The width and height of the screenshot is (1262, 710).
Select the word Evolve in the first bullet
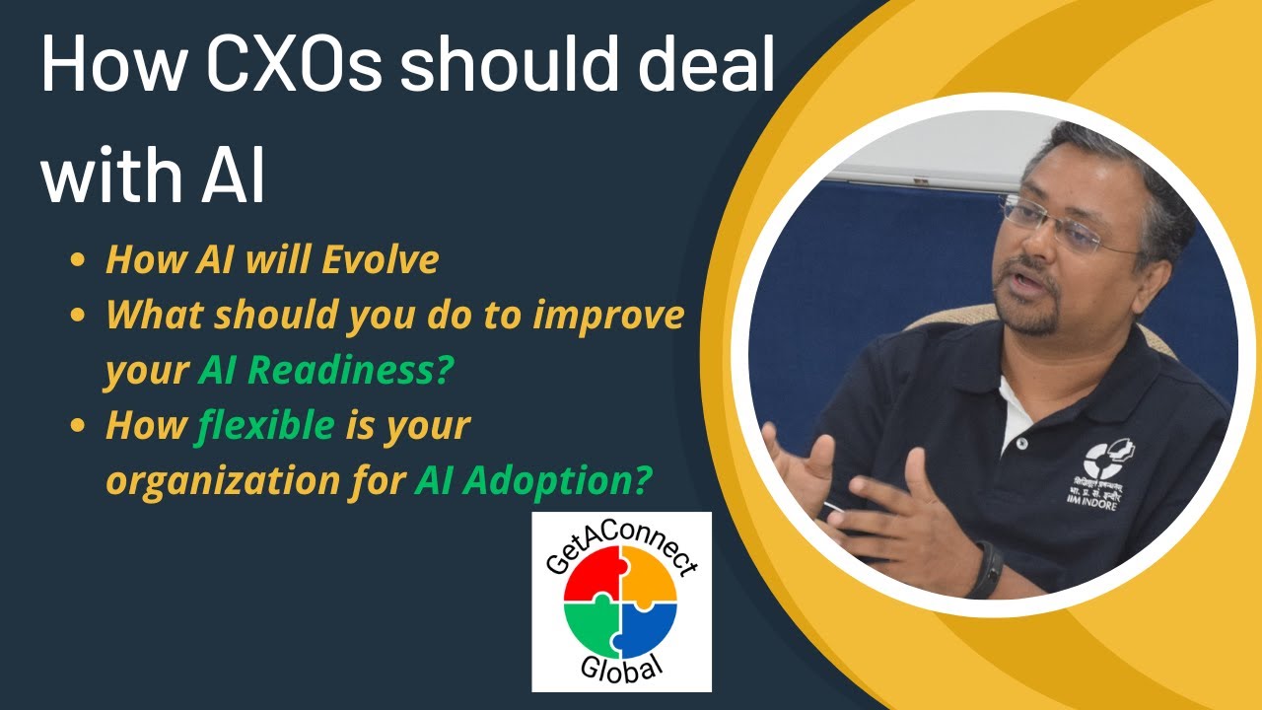(381, 259)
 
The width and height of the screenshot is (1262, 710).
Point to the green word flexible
(264, 426)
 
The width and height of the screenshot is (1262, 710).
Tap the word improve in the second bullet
(608, 317)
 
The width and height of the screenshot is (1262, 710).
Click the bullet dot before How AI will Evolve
(78, 260)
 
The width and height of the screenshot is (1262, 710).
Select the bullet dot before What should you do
(78, 315)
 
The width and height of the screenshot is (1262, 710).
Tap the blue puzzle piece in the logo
(648, 630)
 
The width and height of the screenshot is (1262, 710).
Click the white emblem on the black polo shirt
(1107, 460)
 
